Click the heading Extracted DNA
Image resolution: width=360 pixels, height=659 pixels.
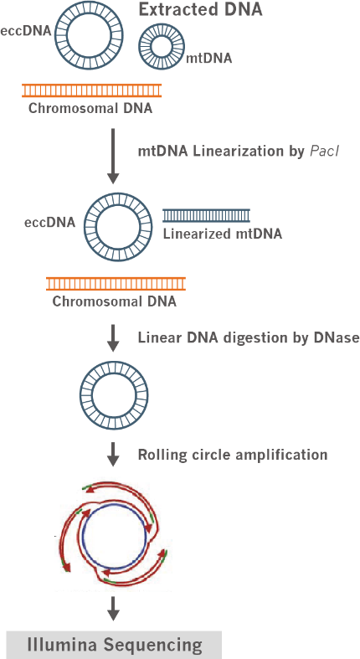click(x=200, y=9)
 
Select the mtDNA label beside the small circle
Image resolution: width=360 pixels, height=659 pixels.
click(x=208, y=58)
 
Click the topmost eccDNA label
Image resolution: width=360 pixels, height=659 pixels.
click(x=26, y=32)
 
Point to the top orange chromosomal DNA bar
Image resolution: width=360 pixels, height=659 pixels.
click(x=91, y=90)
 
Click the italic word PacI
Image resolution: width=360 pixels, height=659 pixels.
click(x=323, y=152)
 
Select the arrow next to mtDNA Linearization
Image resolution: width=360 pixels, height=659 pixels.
click(x=112, y=157)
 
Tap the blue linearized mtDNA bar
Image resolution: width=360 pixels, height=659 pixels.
click(x=206, y=215)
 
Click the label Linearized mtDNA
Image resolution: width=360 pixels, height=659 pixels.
click(x=222, y=234)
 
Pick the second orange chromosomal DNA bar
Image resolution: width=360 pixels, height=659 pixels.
click(x=116, y=284)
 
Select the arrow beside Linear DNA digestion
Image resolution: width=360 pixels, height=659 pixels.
click(x=112, y=337)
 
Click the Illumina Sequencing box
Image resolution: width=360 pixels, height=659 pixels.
click(x=114, y=645)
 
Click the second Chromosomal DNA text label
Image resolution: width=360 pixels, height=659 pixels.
click(x=114, y=301)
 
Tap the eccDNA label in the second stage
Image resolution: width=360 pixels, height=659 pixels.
click(x=49, y=223)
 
